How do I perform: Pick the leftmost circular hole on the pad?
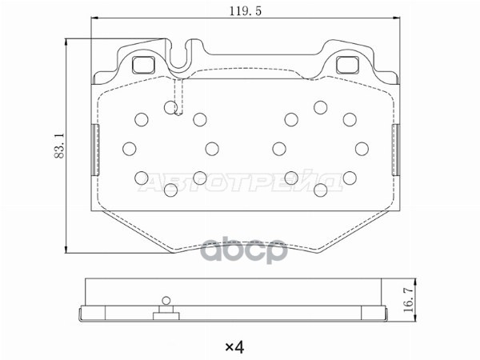pos(129,148)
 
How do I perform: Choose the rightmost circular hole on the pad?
pos(362,148)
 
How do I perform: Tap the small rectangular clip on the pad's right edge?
pos(395,150)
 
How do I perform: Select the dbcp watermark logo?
pos(244,250)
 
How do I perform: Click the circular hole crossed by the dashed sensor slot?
pos(170,106)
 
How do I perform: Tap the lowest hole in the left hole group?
pos(170,190)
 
